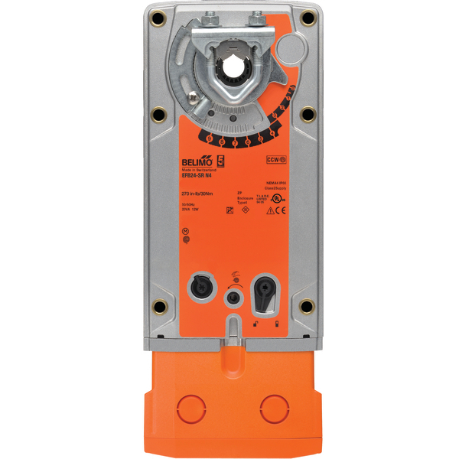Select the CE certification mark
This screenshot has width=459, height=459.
tap(281, 211)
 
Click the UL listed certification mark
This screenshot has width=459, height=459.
tap(284, 196)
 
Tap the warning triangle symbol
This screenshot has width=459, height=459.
tap(269, 211)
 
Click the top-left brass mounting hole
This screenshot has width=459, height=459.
tap(158, 18)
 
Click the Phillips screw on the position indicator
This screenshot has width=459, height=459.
tap(287, 53)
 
